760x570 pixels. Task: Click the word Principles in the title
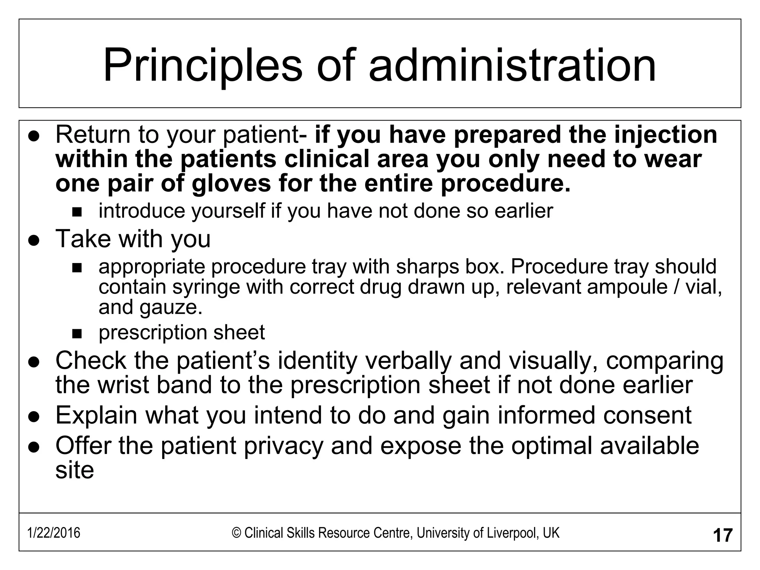(x=203, y=66)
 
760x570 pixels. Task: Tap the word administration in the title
(x=512, y=66)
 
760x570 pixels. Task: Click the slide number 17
(x=723, y=535)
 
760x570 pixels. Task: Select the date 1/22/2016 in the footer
(x=54, y=533)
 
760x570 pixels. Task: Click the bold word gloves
(x=231, y=183)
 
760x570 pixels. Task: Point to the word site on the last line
(x=75, y=470)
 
